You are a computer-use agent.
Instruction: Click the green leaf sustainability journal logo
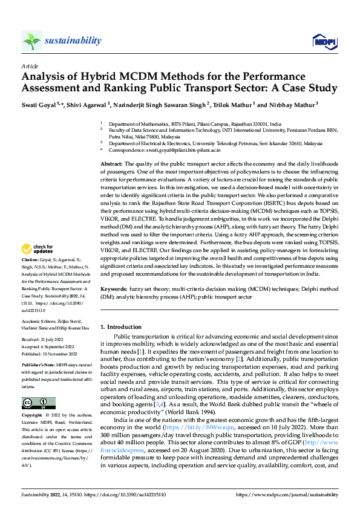[x=32, y=41]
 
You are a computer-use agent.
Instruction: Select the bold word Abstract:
[x=111, y=164]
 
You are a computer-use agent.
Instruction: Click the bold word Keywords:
[x=113, y=290]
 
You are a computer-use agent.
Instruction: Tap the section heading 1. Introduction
[x=120, y=326]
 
